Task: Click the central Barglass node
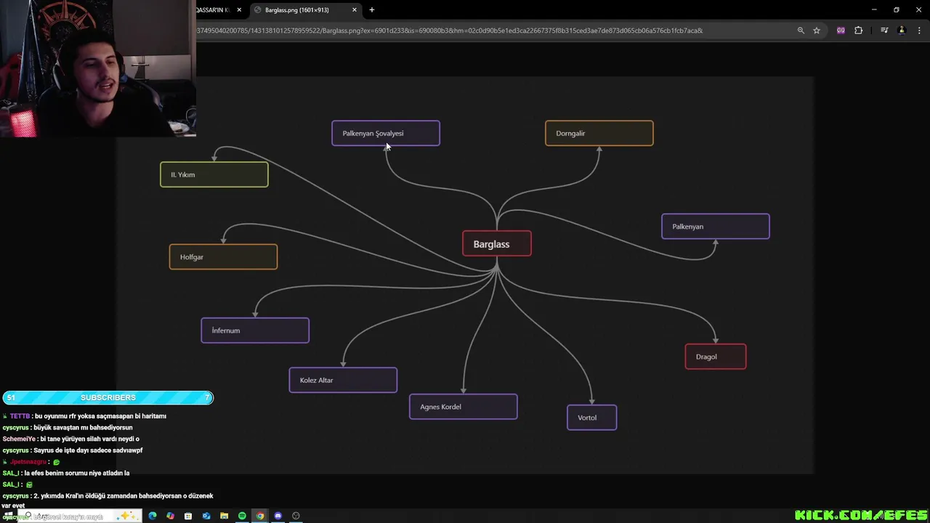pyautogui.click(x=497, y=244)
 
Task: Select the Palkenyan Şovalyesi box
pyautogui.click(x=386, y=133)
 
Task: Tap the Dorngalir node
pyautogui.click(x=599, y=133)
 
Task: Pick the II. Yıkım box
pyautogui.click(x=214, y=174)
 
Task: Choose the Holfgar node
pyautogui.click(x=223, y=257)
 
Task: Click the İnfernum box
pyautogui.click(x=255, y=331)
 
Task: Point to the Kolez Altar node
pyautogui.click(x=343, y=380)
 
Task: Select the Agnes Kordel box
pyautogui.click(x=463, y=407)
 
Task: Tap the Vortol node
pyautogui.click(x=591, y=418)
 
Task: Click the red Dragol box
pyautogui.click(x=715, y=357)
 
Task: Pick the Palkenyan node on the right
pyautogui.click(x=715, y=227)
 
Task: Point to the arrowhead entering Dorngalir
pyautogui.click(x=599, y=150)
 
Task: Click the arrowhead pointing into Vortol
pyautogui.click(x=592, y=400)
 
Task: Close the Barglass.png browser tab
pyautogui.click(x=355, y=10)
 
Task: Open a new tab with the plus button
pyautogui.click(x=372, y=10)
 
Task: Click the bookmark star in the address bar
pyautogui.click(x=817, y=31)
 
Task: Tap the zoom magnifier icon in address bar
pyautogui.click(x=801, y=31)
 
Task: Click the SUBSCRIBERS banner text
pyautogui.click(x=108, y=397)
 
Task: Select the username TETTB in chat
pyautogui.click(x=20, y=416)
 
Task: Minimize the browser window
pyautogui.click(x=874, y=9)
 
